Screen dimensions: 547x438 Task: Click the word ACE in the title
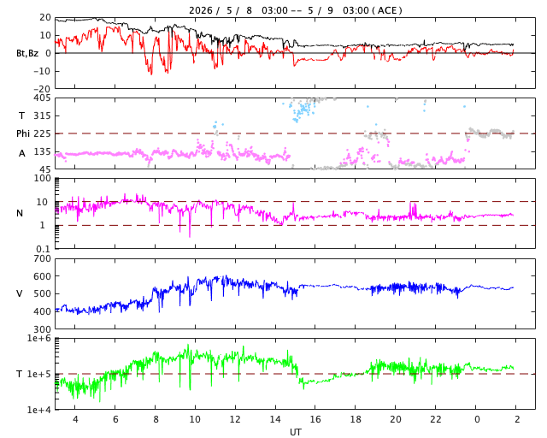click(387, 10)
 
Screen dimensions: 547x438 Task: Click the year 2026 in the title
click(201, 10)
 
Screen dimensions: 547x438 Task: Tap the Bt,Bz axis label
click(27, 53)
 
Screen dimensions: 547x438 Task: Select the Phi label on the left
click(23, 133)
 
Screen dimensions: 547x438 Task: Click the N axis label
click(20, 213)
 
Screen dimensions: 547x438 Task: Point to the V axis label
click(20, 293)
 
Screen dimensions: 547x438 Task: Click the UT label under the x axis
click(295, 432)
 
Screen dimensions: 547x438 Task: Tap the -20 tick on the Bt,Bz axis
click(42, 89)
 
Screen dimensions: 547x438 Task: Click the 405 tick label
click(42, 98)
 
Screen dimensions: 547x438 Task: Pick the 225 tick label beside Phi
click(42, 133)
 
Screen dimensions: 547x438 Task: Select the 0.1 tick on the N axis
click(44, 249)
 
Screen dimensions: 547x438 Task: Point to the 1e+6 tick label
click(38, 339)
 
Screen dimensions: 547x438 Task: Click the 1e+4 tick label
click(38, 410)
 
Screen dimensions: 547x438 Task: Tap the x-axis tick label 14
click(275, 419)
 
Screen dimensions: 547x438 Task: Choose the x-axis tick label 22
click(436, 419)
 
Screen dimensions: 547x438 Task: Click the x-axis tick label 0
click(477, 419)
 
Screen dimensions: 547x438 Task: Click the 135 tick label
click(42, 152)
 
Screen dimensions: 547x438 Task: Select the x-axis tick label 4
click(75, 419)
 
